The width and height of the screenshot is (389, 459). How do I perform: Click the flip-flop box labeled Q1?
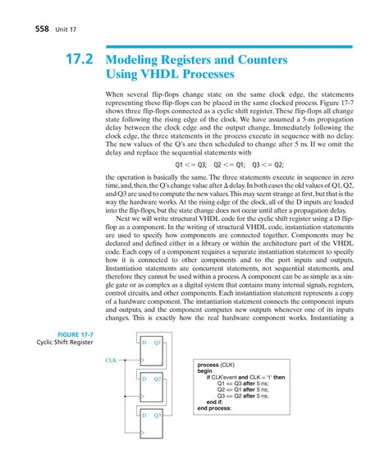[153, 348]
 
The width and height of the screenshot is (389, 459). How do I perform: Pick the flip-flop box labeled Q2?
[153, 384]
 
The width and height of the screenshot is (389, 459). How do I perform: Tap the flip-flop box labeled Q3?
[153, 423]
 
